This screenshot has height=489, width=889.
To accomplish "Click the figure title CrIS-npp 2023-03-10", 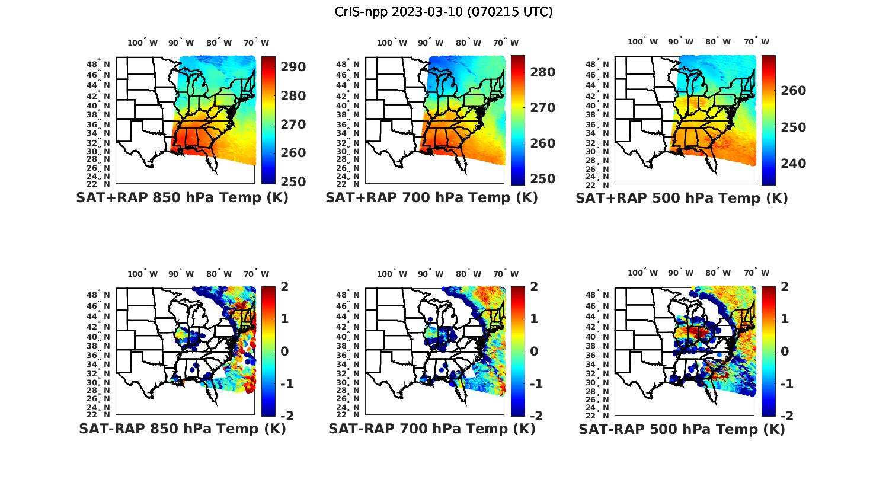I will [x=444, y=12].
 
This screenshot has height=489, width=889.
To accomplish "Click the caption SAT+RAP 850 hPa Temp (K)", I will [x=182, y=198].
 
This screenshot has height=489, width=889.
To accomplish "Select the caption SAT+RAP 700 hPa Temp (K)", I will [x=431, y=198].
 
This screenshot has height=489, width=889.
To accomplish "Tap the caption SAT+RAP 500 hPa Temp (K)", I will [x=682, y=198].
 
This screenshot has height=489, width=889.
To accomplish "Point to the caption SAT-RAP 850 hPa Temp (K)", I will [x=182, y=429].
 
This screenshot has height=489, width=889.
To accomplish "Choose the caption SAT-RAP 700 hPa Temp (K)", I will [x=431, y=429].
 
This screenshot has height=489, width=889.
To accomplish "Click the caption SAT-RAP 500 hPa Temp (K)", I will [x=682, y=429].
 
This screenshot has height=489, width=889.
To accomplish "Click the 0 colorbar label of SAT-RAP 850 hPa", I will [x=284, y=351].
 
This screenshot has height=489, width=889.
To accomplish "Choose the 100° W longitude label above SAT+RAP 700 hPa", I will [x=392, y=43].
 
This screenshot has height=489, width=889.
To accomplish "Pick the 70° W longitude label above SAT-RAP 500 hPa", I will [x=756, y=273].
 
